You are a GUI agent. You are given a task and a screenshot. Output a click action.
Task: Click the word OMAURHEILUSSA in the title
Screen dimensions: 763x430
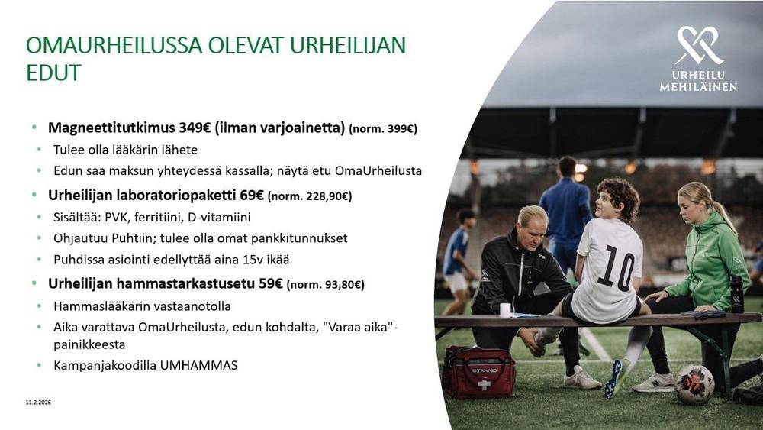(114, 45)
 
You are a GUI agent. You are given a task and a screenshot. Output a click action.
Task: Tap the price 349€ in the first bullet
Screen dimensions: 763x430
(195, 128)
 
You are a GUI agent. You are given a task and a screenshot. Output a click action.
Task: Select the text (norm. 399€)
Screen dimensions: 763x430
(383, 128)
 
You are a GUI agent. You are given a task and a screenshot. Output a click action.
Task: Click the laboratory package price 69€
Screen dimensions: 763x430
(252, 196)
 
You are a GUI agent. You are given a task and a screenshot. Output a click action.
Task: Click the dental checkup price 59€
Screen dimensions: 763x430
(271, 283)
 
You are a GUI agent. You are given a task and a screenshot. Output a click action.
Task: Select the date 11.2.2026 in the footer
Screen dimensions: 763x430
(38, 403)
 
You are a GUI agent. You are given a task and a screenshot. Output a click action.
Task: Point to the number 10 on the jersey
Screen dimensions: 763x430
(616, 267)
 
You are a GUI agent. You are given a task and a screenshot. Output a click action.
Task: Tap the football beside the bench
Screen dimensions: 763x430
(694, 384)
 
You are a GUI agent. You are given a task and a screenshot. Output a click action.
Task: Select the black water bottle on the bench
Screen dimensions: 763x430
(737, 293)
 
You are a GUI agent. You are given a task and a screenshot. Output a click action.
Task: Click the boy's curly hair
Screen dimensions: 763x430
(619, 196)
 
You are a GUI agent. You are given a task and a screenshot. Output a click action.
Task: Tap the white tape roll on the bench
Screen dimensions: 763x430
(506, 310)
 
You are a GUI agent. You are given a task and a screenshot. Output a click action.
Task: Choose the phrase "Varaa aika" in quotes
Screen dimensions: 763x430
(358, 327)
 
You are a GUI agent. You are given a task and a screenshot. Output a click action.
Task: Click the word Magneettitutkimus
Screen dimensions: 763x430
(111, 128)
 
